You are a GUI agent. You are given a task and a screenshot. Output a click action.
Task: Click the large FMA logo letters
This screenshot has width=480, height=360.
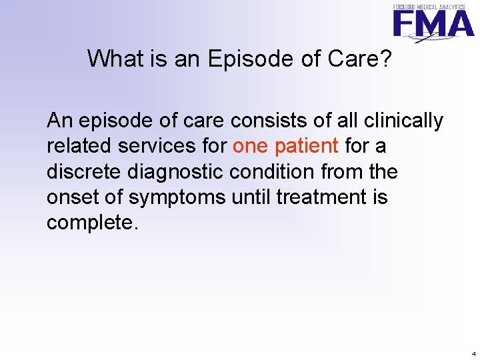click(433, 24)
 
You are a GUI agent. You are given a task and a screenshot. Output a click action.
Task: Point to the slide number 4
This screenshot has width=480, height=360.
click(473, 353)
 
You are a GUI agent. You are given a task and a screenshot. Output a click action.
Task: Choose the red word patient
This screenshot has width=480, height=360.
click(307, 146)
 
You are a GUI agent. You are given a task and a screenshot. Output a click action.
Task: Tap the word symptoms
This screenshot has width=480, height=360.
click(168, 198)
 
